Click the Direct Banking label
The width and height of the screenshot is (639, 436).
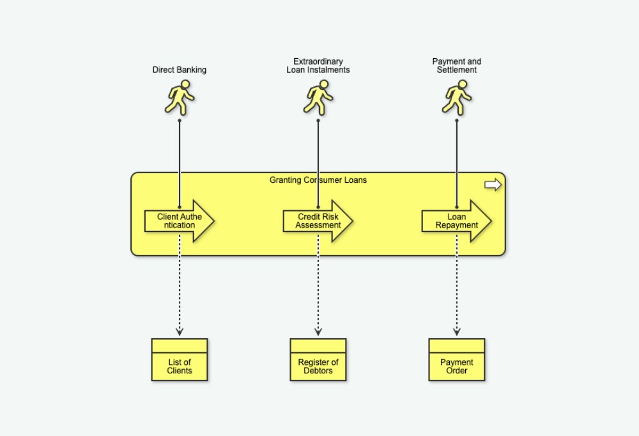pyautogui.click(x=180, y=70)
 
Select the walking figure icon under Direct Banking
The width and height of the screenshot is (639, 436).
pyautogui.click(x=180, y=97)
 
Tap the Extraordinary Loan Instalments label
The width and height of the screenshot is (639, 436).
pyautogui.click(x=318, y=66)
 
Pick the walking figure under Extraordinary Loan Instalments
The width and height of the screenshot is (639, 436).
pyautogui.click(x=318, y=97)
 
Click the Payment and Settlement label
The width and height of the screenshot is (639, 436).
pyautogui.click(x=457, y=66)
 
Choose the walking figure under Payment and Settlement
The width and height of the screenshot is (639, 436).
pyautogui.click(x=457, y=97)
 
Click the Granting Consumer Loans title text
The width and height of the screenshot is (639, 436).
pyautogui.click(x=318, y=180)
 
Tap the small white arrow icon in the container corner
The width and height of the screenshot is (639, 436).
pyautogui.click(x=493, y=185)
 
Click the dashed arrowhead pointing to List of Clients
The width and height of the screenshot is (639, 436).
pyautogui.click(x=180, y=332)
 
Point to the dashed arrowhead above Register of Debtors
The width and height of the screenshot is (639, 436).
pyautogui.click(x=318, y=332)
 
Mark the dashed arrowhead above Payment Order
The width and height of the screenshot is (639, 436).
pyautogui.click(x=457, y=332)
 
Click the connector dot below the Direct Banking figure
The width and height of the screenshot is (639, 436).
pyautogui.click(x=180, y=120)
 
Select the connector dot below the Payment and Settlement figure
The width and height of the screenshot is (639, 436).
pyautogui.click(x=457, y=120)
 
